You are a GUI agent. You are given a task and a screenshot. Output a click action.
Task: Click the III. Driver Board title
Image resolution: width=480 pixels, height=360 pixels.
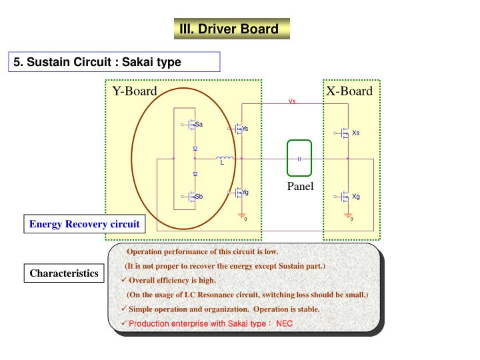(229, 29)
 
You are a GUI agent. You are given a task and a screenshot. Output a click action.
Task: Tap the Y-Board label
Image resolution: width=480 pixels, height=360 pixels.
(134, 91)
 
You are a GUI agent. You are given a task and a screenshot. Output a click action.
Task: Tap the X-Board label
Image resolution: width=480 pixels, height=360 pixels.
(349, 91)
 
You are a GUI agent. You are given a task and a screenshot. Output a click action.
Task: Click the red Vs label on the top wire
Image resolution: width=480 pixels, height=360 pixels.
(292, 102)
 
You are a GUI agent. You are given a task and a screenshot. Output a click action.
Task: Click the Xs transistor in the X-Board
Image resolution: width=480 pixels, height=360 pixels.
(345, 133)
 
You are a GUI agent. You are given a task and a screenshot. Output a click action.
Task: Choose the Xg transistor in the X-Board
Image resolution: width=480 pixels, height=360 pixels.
(345, 197)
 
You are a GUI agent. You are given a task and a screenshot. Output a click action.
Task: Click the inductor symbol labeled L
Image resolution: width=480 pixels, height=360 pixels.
(225, 159)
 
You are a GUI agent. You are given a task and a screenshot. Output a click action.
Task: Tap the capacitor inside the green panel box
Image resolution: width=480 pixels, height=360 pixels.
(299, 159)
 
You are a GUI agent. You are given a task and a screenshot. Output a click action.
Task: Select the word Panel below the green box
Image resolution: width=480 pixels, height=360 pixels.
(300, 186)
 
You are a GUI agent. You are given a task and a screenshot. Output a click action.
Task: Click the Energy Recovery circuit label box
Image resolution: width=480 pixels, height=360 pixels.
(84, 224)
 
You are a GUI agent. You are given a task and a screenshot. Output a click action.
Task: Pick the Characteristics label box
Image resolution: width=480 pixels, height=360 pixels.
(64, 273)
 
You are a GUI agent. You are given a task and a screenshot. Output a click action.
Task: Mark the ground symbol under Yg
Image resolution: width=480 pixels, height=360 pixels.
(241, 215)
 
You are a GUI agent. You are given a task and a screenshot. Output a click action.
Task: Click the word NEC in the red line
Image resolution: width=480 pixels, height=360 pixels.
(285, 323)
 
